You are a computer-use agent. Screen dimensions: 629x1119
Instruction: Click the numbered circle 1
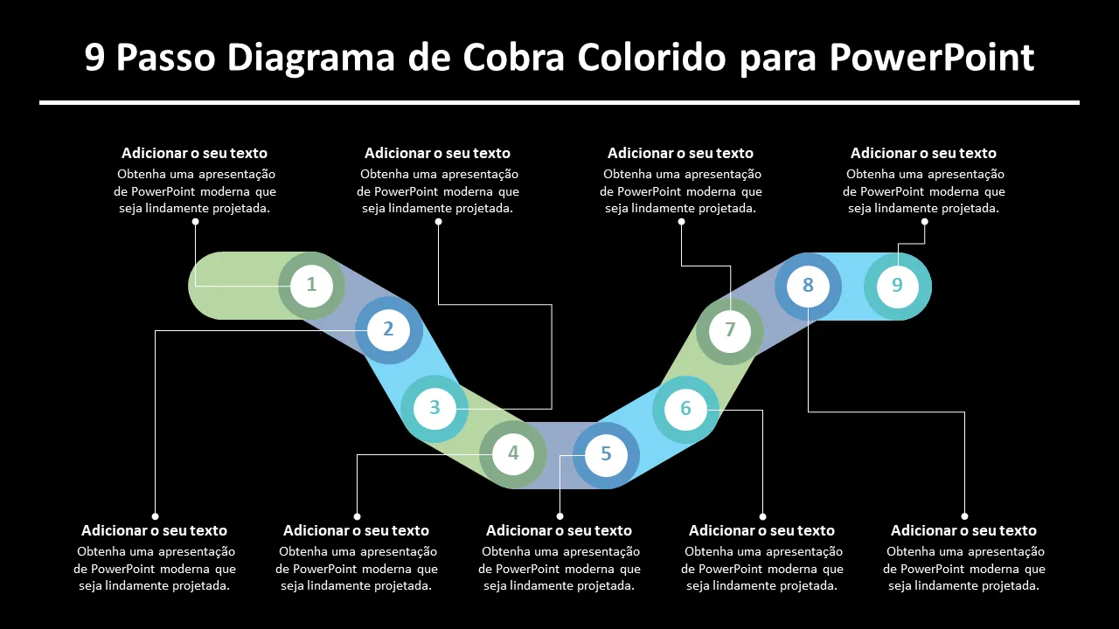tap(312, 286)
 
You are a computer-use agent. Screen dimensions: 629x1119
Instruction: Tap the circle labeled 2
tap(389, 330)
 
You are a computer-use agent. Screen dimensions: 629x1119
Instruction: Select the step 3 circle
tap(434, 408)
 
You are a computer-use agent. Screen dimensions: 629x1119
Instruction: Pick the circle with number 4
tap(513, 454)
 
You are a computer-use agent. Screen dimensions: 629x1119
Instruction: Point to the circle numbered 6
tap(685, 409)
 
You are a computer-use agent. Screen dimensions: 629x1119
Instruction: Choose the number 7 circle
tap(730, 331)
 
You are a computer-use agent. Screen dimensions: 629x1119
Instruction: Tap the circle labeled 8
tap(808, 286)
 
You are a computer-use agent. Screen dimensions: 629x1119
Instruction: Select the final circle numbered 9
tap(897, 286)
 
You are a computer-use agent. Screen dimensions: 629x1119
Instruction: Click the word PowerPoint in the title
tap(932, 59)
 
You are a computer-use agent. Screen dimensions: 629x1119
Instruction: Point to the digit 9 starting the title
tap(94, 59)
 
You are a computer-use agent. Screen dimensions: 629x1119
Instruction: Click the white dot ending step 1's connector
tap(195, 222)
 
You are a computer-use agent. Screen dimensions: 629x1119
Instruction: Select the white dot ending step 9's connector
tap(924, 222)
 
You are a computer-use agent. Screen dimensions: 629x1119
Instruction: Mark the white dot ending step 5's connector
tap(559, 516)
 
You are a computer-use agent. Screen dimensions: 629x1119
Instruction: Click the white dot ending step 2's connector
tap(155, 516)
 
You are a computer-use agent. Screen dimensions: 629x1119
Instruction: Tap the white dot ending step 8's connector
tap(964, 516)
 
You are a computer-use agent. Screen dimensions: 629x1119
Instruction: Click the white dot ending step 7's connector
tap(681, 222)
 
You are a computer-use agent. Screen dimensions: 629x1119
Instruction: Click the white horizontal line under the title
tap(559, 103)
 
